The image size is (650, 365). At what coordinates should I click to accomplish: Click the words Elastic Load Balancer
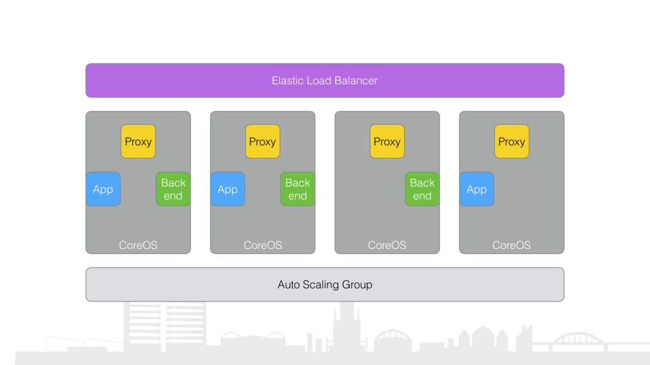click(324, 80)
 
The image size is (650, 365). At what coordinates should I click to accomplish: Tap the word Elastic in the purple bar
click(288, 80)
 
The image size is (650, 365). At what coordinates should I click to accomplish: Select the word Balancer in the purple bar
click(356, 80)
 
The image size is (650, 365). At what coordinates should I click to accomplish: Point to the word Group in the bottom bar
click(357, 285)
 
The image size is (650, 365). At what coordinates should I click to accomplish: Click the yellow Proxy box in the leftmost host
click(138, 141)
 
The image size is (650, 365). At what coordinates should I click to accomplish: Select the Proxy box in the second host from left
click(262, 141)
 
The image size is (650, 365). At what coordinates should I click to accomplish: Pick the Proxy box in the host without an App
click(387, 141)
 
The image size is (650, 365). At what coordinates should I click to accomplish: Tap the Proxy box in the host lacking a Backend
click(512, 141)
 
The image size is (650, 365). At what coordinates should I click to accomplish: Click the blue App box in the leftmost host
click(103, 189)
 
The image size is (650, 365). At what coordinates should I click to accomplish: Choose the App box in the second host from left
click(228, 189)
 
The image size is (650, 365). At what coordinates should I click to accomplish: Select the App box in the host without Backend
click(477, 189)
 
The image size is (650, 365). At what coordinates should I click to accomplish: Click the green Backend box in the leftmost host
click(173, 189)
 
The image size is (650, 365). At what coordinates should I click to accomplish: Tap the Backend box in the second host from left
click(298, 189)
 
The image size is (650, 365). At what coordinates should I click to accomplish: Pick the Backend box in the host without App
click(422, 189)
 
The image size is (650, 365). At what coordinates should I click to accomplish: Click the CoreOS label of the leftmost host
click(138, 245)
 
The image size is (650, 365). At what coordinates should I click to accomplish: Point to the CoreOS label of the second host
click(262, 245)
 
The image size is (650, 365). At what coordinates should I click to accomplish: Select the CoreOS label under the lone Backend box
click(387, 245)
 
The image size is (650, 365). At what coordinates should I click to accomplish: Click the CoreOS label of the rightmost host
click(512, 245)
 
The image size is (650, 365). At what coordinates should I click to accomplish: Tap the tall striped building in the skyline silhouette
click(164, 327)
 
